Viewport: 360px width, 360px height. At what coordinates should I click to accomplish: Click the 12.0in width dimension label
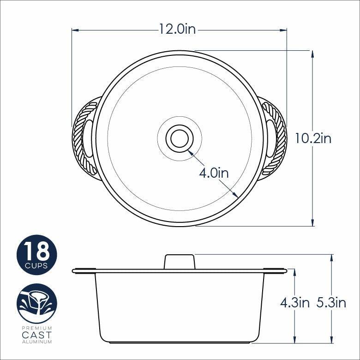(178, 30)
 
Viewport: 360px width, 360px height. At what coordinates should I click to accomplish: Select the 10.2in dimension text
(313, 138)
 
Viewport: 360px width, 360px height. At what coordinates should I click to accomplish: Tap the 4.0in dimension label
(214, 173)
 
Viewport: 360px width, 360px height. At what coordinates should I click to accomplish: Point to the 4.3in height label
(294, 303)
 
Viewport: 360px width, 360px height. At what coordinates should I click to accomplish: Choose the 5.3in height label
(331, 303)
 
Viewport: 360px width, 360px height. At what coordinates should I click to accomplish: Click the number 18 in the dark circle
(36, 252)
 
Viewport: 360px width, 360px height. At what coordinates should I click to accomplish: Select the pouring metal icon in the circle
(36, 303)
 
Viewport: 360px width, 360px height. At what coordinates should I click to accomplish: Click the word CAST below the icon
(36, 335)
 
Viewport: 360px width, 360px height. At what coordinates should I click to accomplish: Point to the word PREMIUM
(36, 327)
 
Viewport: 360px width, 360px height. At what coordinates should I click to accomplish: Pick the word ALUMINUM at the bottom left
(36, 342)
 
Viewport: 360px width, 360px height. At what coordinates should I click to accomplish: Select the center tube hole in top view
(179, 138)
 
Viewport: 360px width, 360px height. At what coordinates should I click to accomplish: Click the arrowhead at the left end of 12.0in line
(74, 30)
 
